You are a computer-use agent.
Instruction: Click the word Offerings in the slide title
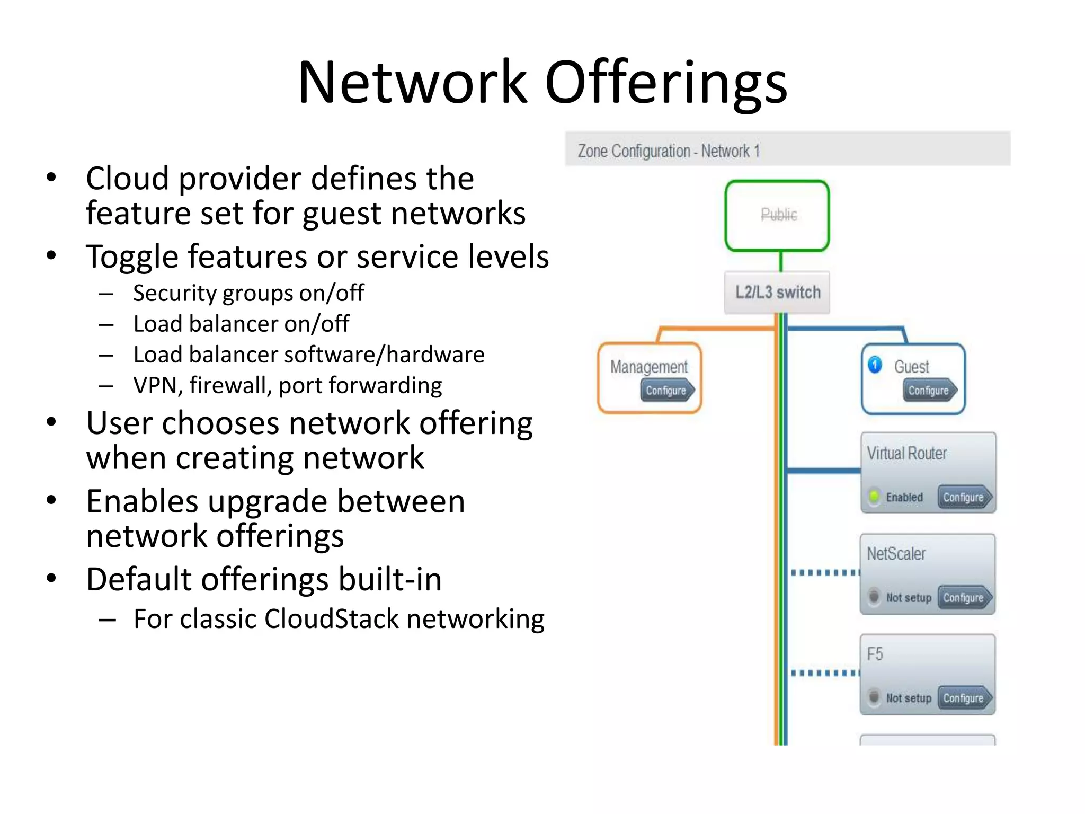tap(666, 83)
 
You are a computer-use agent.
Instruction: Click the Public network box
tap(777, 215)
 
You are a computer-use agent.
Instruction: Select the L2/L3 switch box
tap(777, 293)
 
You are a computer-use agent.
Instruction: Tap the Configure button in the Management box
tap(666, 391)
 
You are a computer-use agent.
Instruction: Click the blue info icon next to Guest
tap(875, 365)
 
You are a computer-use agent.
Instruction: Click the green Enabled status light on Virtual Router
tap(874, 497)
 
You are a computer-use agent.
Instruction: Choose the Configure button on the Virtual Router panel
tap(964, 497)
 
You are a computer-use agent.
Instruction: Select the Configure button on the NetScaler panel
tap(964, 598)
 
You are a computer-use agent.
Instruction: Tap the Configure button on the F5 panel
tap(964, 698)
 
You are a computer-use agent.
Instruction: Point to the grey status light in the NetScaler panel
tap(874, 597)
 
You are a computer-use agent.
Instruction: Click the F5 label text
tap(875, 654)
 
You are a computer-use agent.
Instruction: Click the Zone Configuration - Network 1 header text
tap(669, 151)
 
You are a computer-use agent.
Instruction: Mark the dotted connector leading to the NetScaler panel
tap(824, 573)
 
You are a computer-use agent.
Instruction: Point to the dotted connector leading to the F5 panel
tap(824, 673)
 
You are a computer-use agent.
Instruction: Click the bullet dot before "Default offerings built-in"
tap(51, 578)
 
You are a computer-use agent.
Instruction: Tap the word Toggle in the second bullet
tap(132, 257)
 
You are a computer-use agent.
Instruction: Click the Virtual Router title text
tap(906, 454)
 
